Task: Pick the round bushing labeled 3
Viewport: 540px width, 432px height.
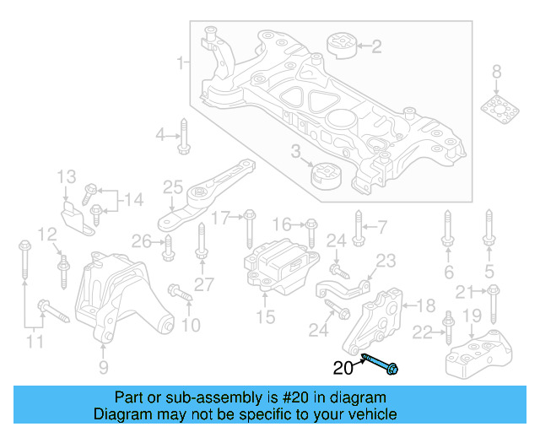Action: pos(325,175)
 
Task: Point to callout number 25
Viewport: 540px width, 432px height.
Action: pos(173,187)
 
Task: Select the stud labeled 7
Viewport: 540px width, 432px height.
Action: pos(358,228)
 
